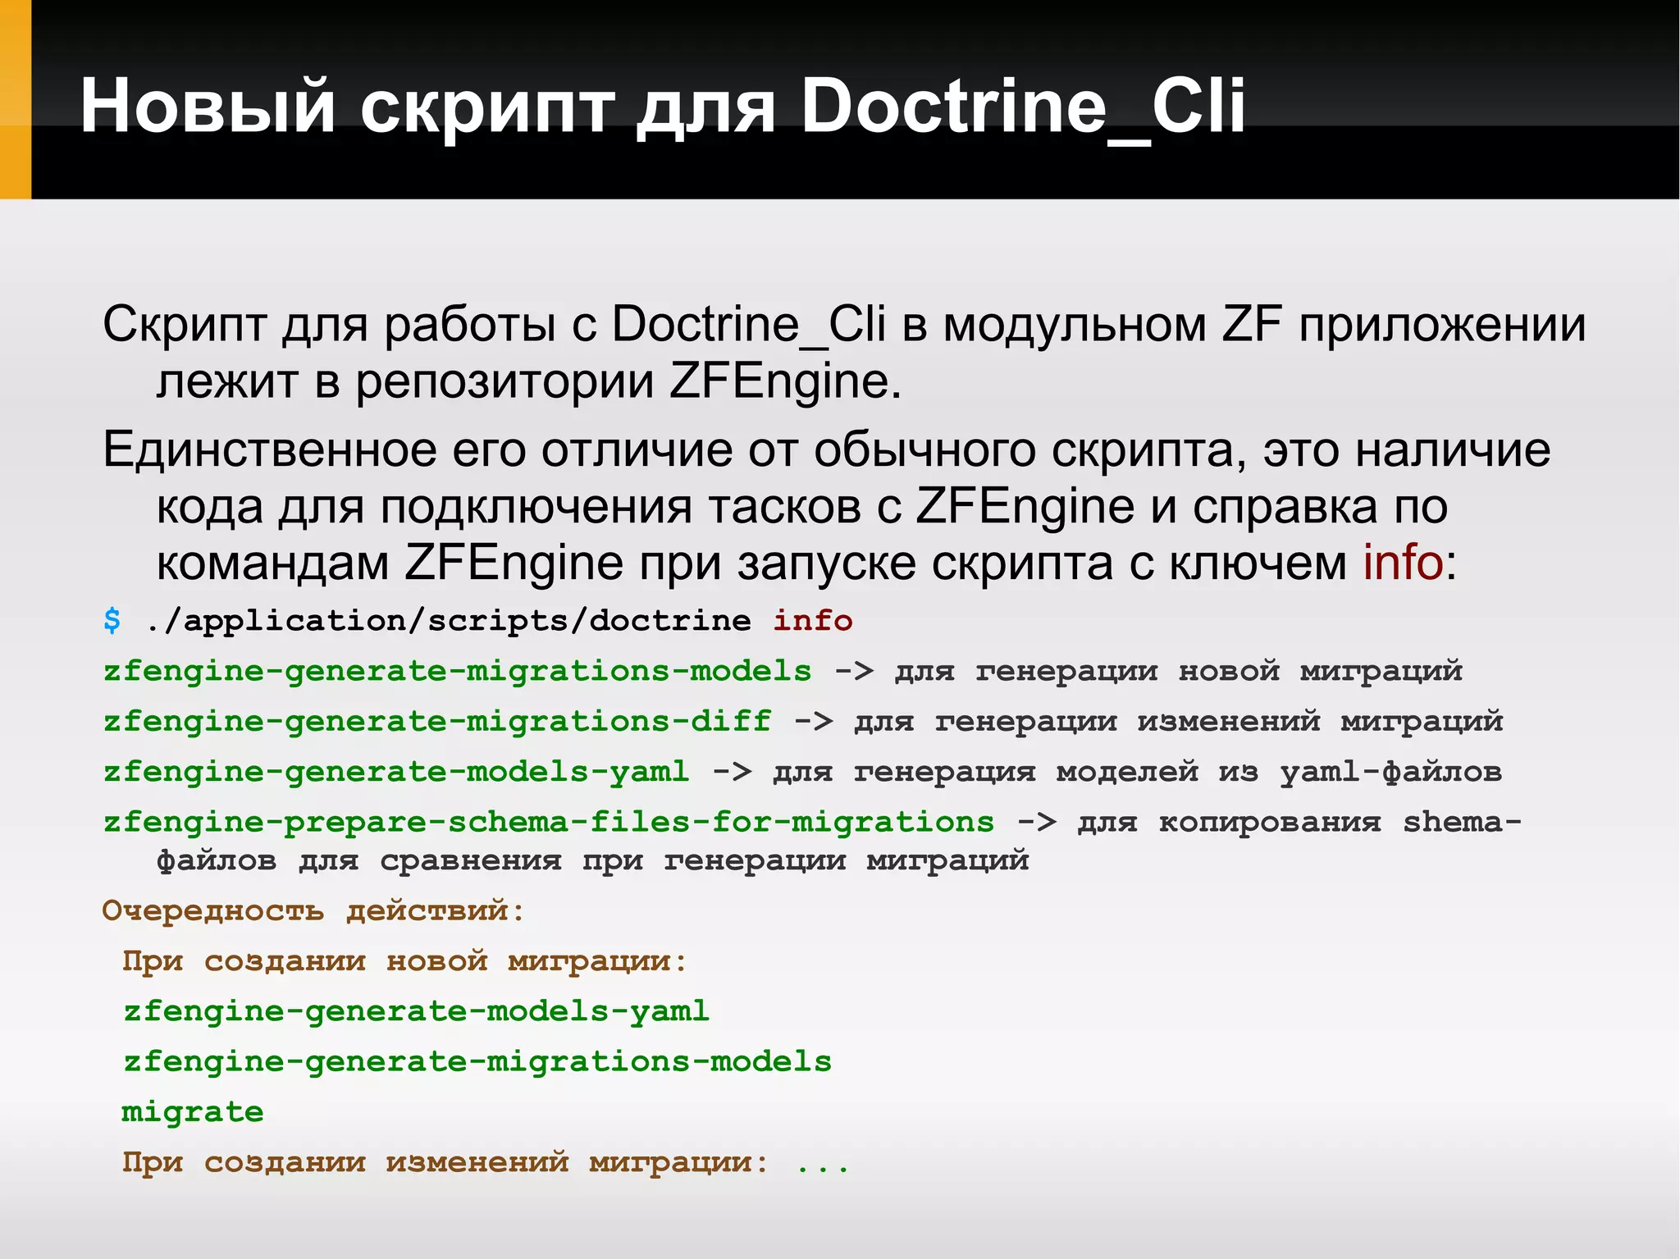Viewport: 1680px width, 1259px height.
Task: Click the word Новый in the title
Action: point(208,106)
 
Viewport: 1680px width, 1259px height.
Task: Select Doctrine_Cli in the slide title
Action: point(1022,106)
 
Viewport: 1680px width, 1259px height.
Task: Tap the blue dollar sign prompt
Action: point(112,620)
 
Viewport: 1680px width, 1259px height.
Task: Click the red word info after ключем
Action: point(1402,563)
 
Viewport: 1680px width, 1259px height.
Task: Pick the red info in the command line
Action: point(812,621)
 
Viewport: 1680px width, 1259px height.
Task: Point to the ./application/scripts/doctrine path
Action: point(448,621)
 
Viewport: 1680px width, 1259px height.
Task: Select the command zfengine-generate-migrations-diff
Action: point(437,722)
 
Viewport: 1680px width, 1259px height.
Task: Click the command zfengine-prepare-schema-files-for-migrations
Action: point(548,822)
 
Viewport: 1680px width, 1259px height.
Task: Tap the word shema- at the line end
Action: point(1462,822)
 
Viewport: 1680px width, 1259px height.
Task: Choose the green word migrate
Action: point(193,1112)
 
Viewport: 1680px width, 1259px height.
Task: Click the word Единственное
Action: point(270,450)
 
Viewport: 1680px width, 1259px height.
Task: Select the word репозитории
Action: point(504,381)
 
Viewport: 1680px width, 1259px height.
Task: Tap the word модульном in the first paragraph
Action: point(1075,325)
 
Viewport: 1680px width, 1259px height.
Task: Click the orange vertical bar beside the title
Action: point(15,99)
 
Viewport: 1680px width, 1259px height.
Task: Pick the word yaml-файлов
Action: point(1390,772)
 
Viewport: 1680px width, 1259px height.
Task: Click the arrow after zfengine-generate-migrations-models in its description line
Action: point(853,672)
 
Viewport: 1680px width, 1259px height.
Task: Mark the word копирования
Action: point(1269,822)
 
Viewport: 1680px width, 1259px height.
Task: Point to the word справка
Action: point(1285,507)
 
